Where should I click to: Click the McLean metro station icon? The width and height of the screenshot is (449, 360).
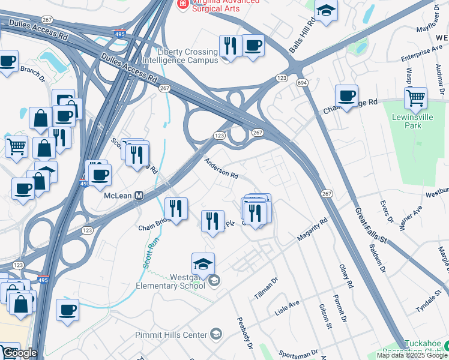click(139, 195)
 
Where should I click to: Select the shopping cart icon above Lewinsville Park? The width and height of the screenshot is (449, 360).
click(415, 97)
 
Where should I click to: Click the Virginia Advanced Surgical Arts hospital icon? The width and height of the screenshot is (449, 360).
click(181, 4)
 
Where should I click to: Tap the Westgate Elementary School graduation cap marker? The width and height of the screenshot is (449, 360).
click(203, 264)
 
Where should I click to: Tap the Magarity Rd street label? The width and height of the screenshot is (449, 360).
click(312, 230)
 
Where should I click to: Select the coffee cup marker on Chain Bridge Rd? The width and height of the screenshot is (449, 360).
click(346, 95)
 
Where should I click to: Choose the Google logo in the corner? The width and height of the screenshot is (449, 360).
click(19, 353)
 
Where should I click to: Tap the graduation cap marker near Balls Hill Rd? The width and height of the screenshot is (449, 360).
click(326, 11)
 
